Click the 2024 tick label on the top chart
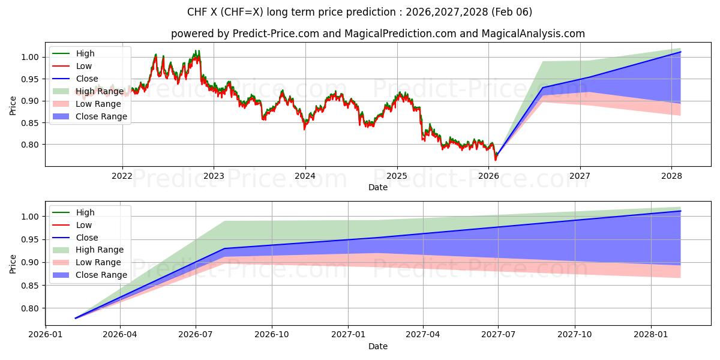[305, 176]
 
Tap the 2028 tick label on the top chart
[671, 176]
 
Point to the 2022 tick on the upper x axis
[122, 176]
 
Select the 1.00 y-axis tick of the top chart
[30, 57]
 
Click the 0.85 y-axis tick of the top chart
[30, 123]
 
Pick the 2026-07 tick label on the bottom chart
[196, 335]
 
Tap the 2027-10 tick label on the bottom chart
[575, 335]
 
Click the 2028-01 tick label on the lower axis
[650, 335]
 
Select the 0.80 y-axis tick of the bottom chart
[30, 308]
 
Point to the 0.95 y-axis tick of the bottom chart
[30, 239]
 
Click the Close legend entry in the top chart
[87, 79]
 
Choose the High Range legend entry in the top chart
[100, 91]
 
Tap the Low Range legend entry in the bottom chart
[98, 262]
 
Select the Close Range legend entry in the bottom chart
[101, 275]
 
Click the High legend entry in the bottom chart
[85, 212]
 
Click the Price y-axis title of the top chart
[13, 106]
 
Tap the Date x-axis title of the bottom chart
[378, 346]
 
